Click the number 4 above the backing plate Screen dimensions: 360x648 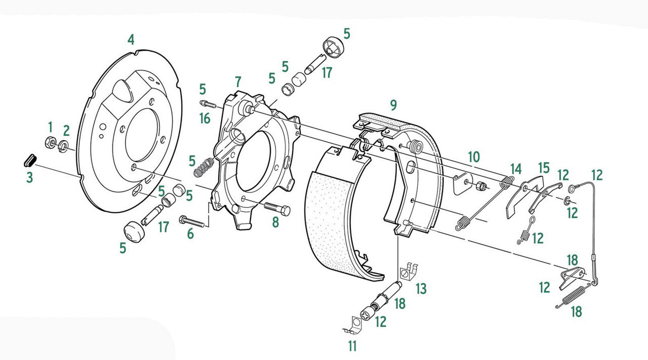click(x=131, y=39)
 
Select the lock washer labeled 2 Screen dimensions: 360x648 click(x=64, y=146)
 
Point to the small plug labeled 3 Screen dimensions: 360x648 click(x=29, y=160)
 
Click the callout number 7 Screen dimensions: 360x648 click(x=238, y=81)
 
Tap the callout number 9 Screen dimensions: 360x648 click(x=393, y=105)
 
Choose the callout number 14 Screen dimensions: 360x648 click(x=515, y=169)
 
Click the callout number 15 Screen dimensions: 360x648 click(x=543, y=168)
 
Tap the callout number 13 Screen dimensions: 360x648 click(x=421, y=289)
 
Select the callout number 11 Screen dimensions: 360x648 click(x=352, y=346)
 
